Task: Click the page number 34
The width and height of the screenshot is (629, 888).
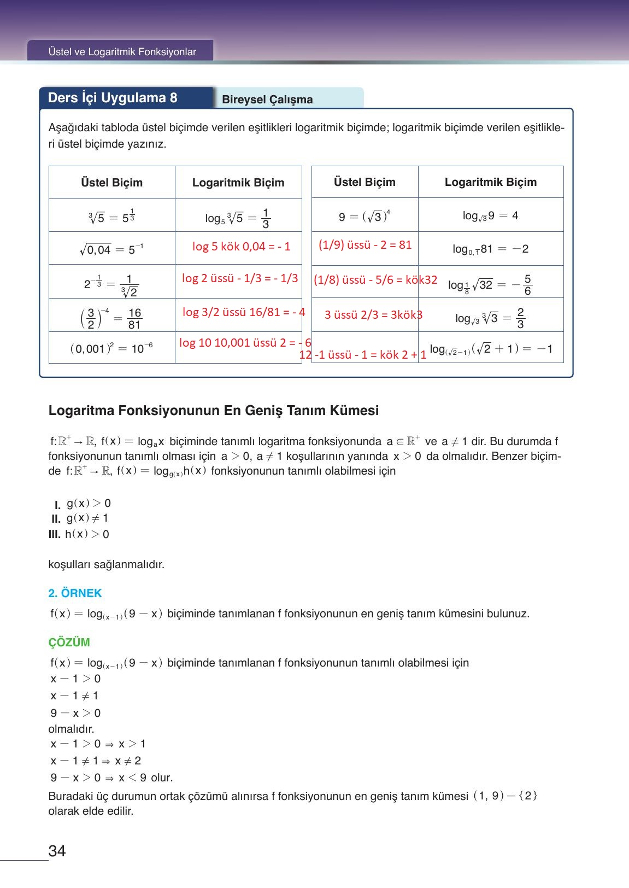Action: (57, 851)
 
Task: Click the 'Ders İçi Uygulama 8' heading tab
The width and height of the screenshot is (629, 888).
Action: (113, 98)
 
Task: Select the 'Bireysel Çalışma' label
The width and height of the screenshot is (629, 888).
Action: (267, 100)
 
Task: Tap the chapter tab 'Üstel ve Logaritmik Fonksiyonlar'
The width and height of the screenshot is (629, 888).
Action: (122, 52)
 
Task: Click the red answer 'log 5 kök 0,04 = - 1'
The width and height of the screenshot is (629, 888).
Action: (241, 247)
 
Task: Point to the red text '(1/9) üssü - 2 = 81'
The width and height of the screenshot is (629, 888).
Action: (365, 245)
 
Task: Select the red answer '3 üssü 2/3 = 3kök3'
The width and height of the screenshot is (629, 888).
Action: (373, 315)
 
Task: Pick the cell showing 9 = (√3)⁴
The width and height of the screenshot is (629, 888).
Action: (365, 217)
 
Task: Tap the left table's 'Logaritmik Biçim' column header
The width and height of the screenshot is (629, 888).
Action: (238, 183)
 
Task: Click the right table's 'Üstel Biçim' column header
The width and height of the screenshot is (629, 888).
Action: (365, 182)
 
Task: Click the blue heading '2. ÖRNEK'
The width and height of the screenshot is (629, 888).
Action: (75, 593)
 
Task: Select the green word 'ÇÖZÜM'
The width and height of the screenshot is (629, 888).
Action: (69, 642)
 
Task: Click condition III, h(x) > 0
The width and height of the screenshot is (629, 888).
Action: (79, 534)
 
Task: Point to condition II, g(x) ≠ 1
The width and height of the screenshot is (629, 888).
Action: (80, 518)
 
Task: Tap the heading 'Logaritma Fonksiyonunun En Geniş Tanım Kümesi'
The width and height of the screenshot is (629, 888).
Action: (214, 411)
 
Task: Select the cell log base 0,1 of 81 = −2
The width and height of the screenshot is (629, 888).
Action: (490, 249)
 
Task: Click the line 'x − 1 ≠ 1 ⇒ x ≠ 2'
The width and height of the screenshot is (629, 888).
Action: (96, 761)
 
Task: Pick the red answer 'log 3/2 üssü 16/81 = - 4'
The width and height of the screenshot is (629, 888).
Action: (243, 312)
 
